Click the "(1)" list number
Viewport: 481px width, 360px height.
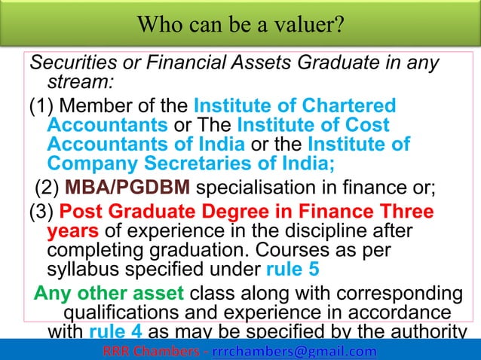[41, 105]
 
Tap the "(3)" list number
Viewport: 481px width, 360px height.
[41, 212]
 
